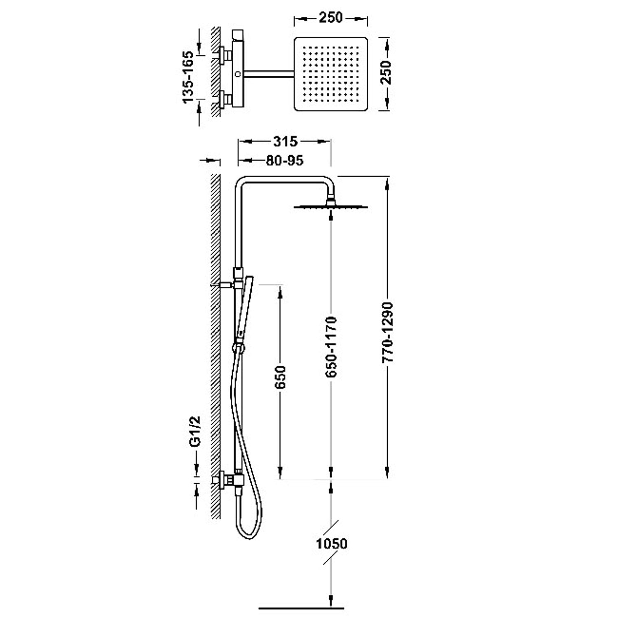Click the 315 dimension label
click(x=285, y=141)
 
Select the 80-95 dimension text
click(x=284, y=160)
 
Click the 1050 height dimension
click(x=332, y=543)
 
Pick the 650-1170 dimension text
click(x=331, y=347)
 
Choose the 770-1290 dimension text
click(x=388, y=332)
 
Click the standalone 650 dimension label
click(x=280, y=377)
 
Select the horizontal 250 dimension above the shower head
click(x=330, y=18)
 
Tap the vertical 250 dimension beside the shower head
click(x=386, y=73)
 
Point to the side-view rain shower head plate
click(x=330, y=206)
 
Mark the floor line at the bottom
click(x=301, y=607)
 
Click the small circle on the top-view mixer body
click(x=238, y=74)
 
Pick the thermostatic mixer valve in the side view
click(x=233, y=480)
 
